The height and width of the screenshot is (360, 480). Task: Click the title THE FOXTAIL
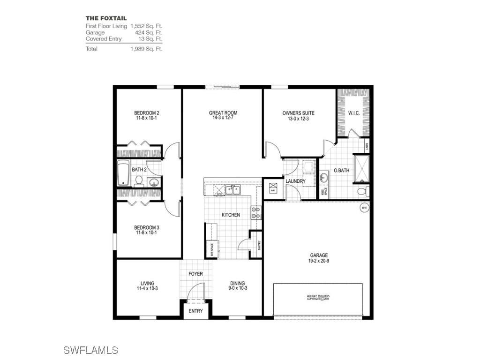(x=106, y=18)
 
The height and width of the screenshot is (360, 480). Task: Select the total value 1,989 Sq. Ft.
(x=146, y=49)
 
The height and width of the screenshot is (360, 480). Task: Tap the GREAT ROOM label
(x=223, y=113)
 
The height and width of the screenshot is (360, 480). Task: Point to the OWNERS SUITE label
(x=298, y=113)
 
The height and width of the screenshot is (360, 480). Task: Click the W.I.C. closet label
(x=353, y=113)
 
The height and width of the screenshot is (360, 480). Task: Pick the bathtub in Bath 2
(x=123, y=172)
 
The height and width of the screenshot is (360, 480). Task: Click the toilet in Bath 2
(x=139, y=180)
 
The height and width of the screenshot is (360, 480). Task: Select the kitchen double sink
(x=232, y=190)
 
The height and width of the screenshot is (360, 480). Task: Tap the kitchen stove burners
(x=256, y=213)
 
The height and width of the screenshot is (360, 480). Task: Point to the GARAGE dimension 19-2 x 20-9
(x=319, y=261)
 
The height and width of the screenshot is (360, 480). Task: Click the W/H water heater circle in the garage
(x=363, y=207)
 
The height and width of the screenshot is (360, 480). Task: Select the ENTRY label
(x=195, y=311)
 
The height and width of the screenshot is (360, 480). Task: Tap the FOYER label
(x=195, y=273)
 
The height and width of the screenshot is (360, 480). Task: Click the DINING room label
(x=237, y=283)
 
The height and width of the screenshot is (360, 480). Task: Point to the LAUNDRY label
(x=295, y=181)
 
